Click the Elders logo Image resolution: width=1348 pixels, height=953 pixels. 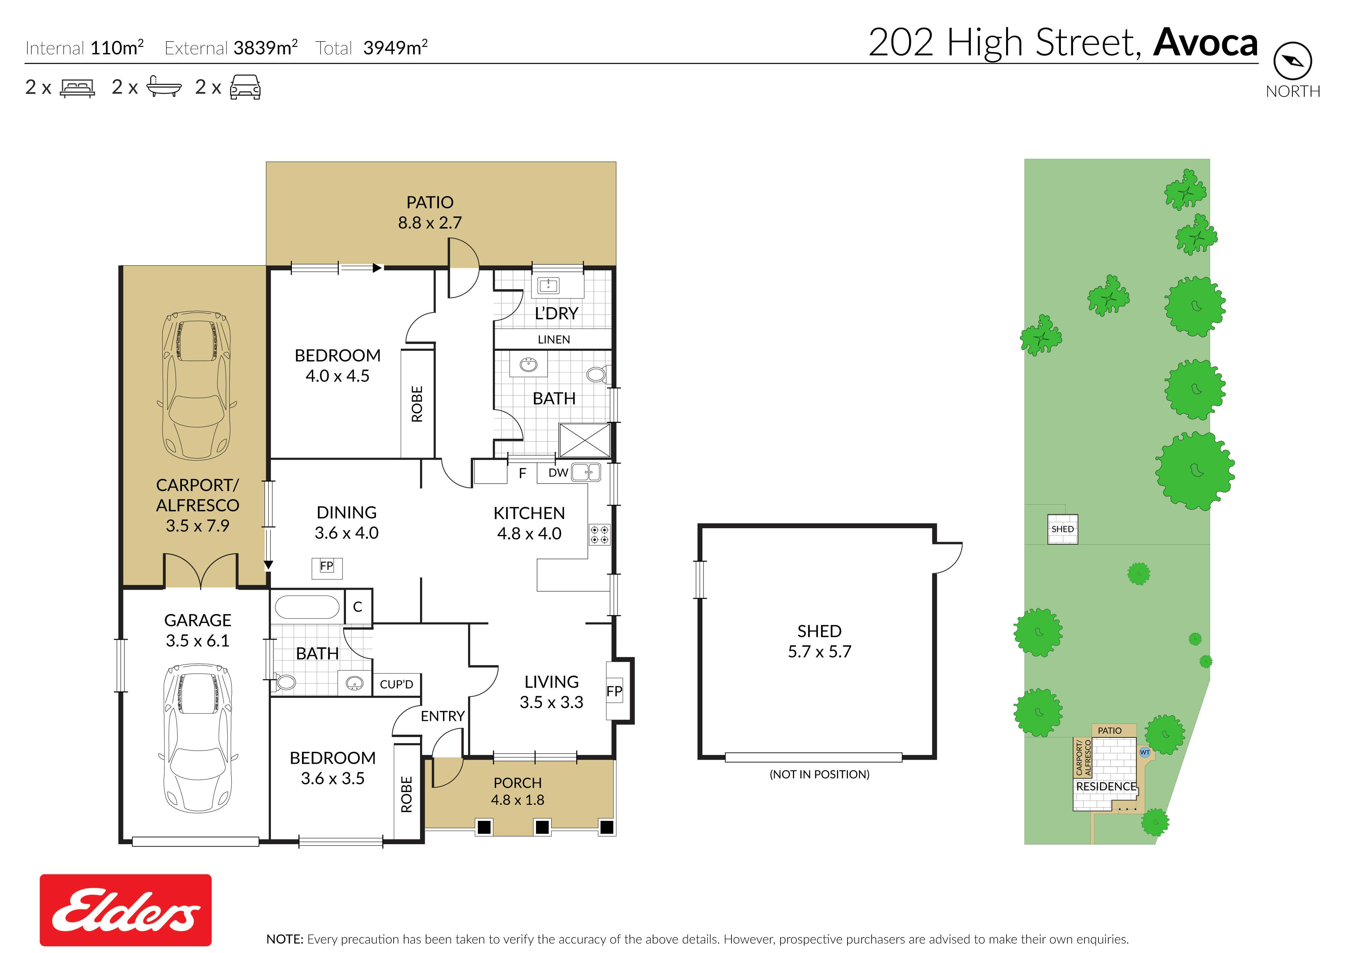pyautogui.click(x=126, y=910)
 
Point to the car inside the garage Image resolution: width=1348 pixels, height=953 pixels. pyautogui.click(x=197, y=738)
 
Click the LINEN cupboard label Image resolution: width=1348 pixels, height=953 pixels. pyautogui.click(x=554, y=340)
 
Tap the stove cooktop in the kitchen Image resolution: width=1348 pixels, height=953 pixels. pyautogui.click(x=600, y=534)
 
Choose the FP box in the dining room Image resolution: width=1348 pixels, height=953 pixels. pyautogui.click(x=326, y=567)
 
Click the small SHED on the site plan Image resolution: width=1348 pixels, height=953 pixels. pyautogui.click(x=1063, y=529)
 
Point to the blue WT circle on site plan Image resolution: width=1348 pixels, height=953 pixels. pyautogui.click(x=1145, y=752)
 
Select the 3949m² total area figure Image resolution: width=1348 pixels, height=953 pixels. pyautogui.click(x=395, y=47)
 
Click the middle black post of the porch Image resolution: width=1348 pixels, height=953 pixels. pyautogui.click(x=542, y=827)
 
